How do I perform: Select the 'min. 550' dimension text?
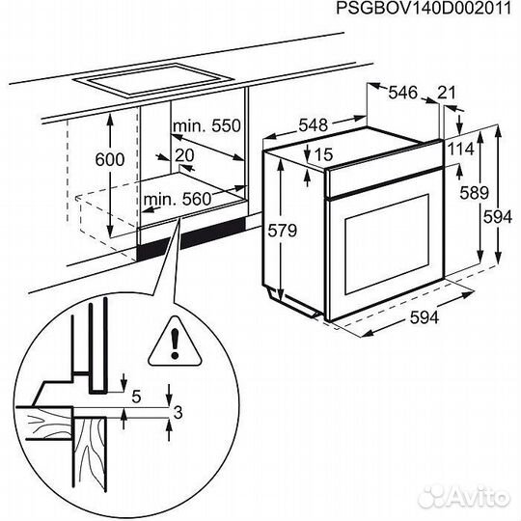tap(206, 126)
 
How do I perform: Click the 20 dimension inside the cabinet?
tap(185, 155)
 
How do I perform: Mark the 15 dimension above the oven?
tap(322, 154)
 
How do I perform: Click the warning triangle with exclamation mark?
tap(174, 340)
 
